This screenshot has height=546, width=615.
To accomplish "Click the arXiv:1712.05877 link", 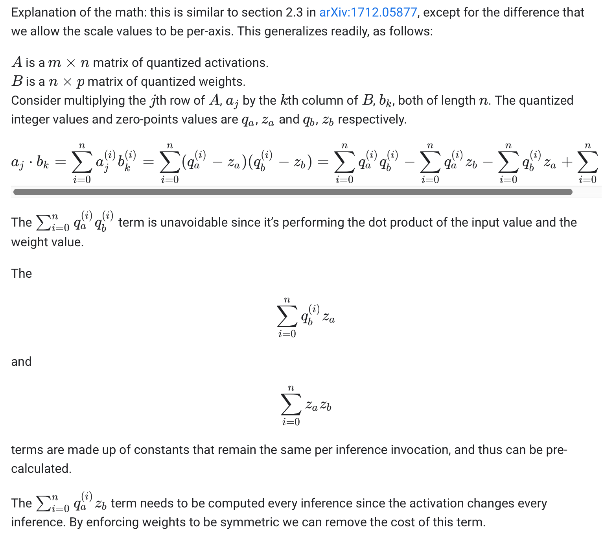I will click(x=368, y=13).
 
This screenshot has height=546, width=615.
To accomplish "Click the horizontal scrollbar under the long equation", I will click(x=293, y=192).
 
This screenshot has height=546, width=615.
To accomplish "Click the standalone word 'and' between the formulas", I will click(x=21, y=362).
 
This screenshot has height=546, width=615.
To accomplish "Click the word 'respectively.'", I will click(x=372, y=120).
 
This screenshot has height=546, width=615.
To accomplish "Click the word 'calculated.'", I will click(x=41, y=469).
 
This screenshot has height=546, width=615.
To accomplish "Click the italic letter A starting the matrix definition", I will click(x=17, y=63).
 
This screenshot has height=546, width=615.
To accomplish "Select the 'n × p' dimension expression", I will click(x=66, y=82).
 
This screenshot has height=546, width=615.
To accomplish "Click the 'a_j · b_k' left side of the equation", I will click(x=30, y=162).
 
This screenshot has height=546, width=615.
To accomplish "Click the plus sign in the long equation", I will click(x=567, y=162).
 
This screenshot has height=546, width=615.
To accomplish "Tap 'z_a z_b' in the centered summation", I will click(x=319, y=405).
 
